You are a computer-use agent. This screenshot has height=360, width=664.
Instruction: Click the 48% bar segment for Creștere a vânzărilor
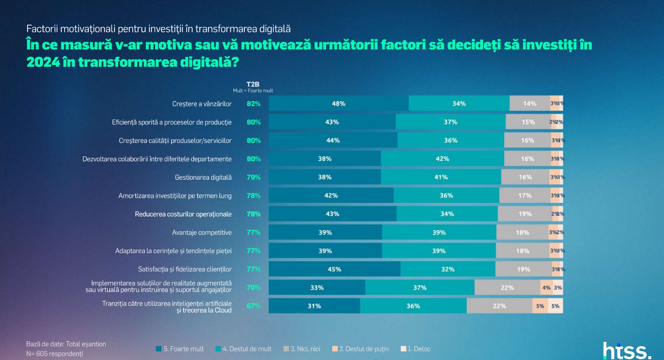[x=338, y=104]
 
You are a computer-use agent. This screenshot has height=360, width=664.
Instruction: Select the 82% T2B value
[x=254, y=104]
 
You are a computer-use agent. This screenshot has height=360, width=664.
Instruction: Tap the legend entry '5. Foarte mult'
[x=180, y=349]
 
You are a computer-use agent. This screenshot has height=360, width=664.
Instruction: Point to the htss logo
[x=627, y=351]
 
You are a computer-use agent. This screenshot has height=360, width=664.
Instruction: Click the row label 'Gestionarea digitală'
[x=203, y=177]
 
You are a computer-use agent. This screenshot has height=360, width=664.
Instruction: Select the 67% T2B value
[x=254, y=306]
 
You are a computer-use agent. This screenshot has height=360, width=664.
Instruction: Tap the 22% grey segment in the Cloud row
[x=499, y=306]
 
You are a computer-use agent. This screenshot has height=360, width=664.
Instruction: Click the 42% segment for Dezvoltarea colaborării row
[x=443, y=159]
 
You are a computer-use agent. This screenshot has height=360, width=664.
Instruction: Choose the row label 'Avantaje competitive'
[x=202, y=232]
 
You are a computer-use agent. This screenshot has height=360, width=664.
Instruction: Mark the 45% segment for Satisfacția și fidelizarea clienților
[x=334, y=269]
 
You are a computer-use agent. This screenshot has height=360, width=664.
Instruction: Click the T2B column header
[x=253, y=84]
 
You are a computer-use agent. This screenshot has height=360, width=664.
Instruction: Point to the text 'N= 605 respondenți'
[x=55, y=354]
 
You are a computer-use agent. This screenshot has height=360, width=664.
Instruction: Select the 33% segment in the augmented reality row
[x=317, y=288]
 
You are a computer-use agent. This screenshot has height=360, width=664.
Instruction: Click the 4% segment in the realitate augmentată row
[x=546, y=288]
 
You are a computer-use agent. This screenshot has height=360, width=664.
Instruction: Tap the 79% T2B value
[x=254, y=177]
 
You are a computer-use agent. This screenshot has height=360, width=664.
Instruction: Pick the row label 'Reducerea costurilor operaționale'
[x=183, y=214]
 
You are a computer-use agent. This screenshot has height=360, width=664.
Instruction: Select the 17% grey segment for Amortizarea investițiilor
[x=525, y=195]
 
